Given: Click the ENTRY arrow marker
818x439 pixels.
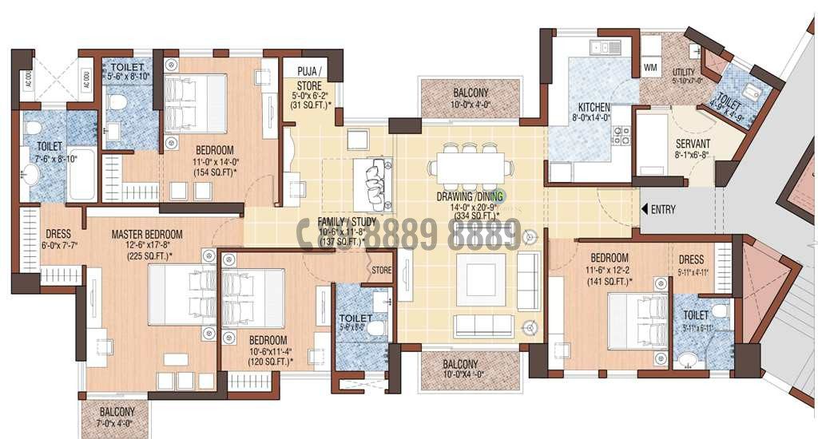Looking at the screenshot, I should (644, 209).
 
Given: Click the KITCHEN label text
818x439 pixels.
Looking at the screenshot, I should (594, 107).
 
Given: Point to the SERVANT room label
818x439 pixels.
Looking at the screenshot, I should (681, 144).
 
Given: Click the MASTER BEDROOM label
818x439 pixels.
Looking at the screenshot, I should (147, 234).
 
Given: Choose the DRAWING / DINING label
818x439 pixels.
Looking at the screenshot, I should (469, 196).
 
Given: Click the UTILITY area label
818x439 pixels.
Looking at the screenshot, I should (685, 72).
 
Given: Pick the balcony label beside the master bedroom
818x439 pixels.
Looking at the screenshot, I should (117, 412).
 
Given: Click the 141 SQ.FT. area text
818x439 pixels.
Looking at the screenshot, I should (610, 281).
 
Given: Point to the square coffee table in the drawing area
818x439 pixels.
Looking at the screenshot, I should (480, 279).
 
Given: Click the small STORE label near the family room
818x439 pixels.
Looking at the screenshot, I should (381, 271).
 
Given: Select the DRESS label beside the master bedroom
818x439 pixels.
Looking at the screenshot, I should (58, 234).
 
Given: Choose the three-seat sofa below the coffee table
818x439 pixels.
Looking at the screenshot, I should (483, 325).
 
